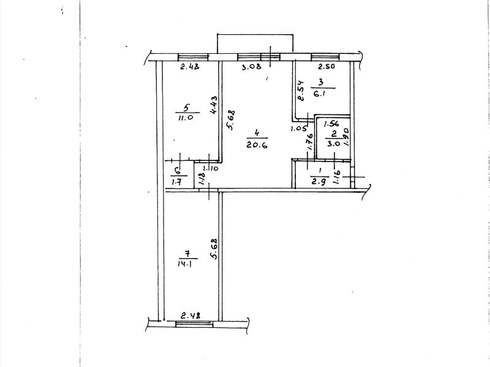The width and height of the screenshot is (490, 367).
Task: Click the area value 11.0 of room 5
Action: click(183, 118)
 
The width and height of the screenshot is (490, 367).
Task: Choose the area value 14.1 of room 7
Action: click(184, 265)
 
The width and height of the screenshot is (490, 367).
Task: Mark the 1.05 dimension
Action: click(298, 128)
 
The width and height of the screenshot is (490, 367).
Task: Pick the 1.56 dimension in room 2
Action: click(331, 124)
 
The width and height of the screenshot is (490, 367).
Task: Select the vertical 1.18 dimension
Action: click(202, 180)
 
